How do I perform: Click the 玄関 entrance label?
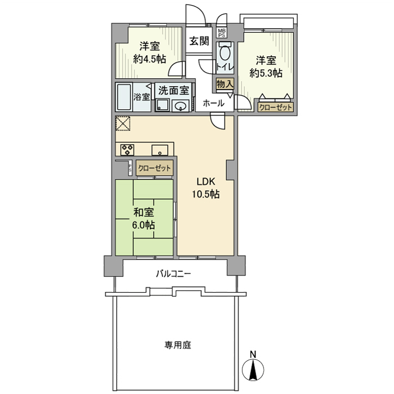199,41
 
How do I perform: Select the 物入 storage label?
223,84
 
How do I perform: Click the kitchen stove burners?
127,150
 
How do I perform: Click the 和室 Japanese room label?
144,212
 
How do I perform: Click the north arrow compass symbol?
253,368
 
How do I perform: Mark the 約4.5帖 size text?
149,58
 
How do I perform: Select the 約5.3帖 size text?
266,73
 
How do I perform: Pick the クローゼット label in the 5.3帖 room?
275,107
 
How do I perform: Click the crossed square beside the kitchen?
123,123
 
